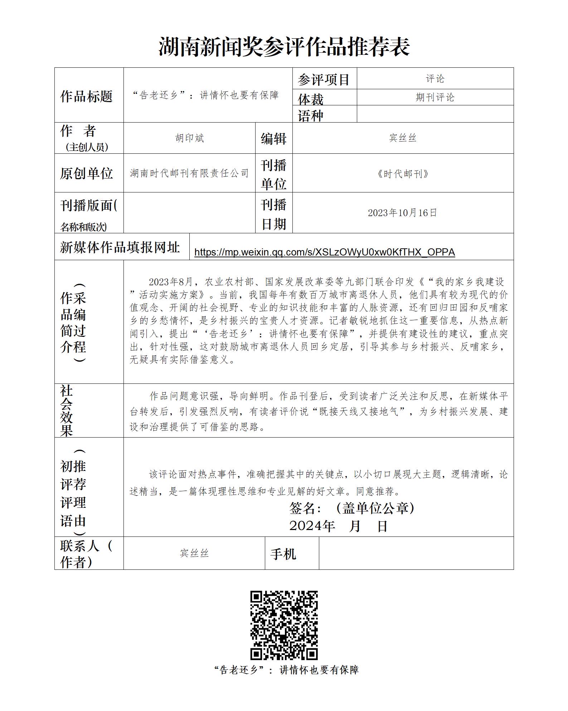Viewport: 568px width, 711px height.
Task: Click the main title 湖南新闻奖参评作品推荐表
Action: tap(284, 47)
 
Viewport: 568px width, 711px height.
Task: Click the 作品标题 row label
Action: tap(86, 96)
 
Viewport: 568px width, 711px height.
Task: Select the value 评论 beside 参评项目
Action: tap(435, 79)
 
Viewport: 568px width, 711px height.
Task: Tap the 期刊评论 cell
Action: tap(435, 97)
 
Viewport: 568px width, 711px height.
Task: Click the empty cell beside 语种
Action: tap(435, 114)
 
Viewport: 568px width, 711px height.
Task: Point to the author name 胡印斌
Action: tap(189, 138)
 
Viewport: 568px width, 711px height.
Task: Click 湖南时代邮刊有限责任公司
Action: tap(189, 173)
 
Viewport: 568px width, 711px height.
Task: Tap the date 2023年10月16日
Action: tap(403, 213)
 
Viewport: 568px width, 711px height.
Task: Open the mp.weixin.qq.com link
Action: tap(324, 252)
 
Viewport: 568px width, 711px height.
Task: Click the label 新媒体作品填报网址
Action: tap(120, 247)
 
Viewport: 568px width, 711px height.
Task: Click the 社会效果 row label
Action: tap(67, 411)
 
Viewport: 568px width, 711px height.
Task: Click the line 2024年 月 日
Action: tap(338, 526)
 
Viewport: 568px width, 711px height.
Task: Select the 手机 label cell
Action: tap(283, 554)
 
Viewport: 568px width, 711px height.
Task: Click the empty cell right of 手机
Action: tap(416, 553)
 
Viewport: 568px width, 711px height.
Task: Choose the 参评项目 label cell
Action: tap(324, 80)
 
